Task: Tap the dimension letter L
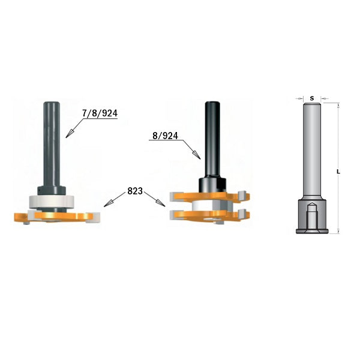pos(339,172)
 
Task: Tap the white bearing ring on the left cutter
pos(47,199)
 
